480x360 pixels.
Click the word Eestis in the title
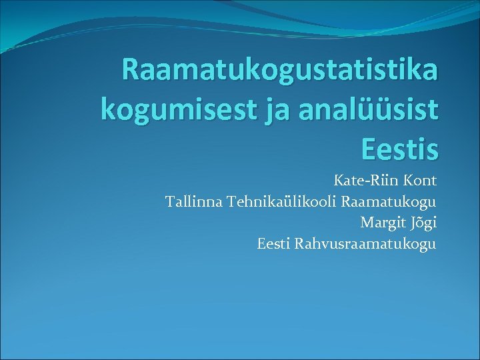point(400,148)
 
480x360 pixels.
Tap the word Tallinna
point(194,201)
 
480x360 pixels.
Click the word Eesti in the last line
point(273,243)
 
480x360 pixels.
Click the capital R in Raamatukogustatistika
point(132,71)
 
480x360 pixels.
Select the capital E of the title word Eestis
point(370,148)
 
